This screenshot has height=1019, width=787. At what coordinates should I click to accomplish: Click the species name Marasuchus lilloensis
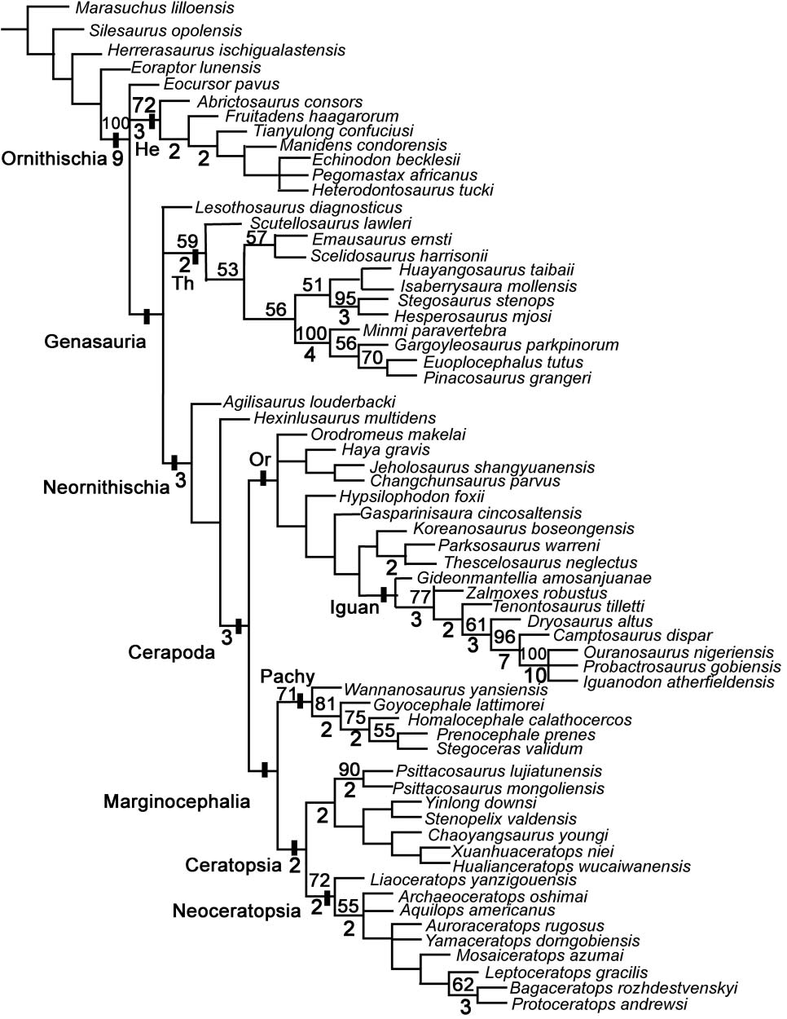click(x=153, y=9)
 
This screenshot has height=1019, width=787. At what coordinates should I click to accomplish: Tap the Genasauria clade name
click(x=95, y=342)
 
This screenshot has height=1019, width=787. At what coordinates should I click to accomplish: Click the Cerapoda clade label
click(x=171, y=652)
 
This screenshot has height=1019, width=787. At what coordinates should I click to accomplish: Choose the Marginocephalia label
click(x=177, y=801)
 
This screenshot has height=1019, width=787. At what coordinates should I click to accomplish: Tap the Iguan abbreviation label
click(x=354, y=607)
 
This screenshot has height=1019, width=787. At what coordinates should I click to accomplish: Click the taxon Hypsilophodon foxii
click(x=411, y=496)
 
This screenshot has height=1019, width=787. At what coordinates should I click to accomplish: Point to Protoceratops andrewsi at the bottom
click(x=599, y=1004)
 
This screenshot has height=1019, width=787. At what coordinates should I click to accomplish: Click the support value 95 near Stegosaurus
click(x=345, y=298)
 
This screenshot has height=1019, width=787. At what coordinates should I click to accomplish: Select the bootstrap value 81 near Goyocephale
click(x=326, y=704)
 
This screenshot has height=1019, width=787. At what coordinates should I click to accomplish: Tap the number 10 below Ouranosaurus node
click(x=534, y=677)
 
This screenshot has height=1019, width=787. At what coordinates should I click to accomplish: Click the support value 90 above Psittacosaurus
click(x=350, y=770)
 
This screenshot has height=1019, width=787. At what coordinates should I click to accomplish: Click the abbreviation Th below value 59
click(x=184, y=282)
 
